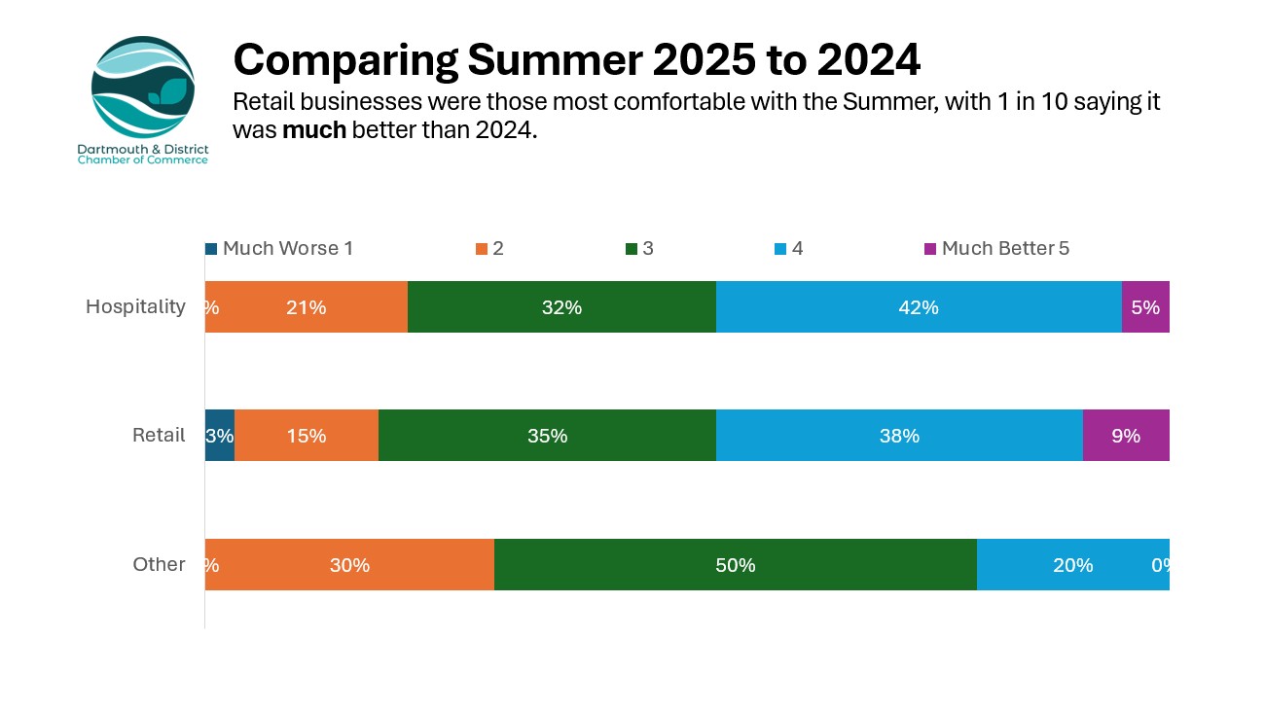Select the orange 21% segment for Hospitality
click(307, 307)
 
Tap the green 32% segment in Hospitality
click(561, 307)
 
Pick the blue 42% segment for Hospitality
click(919, 307)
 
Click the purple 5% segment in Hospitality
click(1145, 307)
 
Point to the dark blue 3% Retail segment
click(220, 436)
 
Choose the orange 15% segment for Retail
click(307, 436)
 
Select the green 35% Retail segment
click(547, 436)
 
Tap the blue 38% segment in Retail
click(899, 436)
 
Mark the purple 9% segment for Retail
click(1126, 436)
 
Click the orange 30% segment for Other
click(349, 565)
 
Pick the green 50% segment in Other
click(736, 565)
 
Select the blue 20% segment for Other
click(1072, 565)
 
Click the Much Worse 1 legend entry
click(279, 249)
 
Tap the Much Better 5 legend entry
click(997, 249)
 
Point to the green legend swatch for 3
click(631, 249)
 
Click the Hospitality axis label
click(135, 306)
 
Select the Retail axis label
click(159, 436)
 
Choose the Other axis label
click(159, 565)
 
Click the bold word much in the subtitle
click(314, 130)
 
